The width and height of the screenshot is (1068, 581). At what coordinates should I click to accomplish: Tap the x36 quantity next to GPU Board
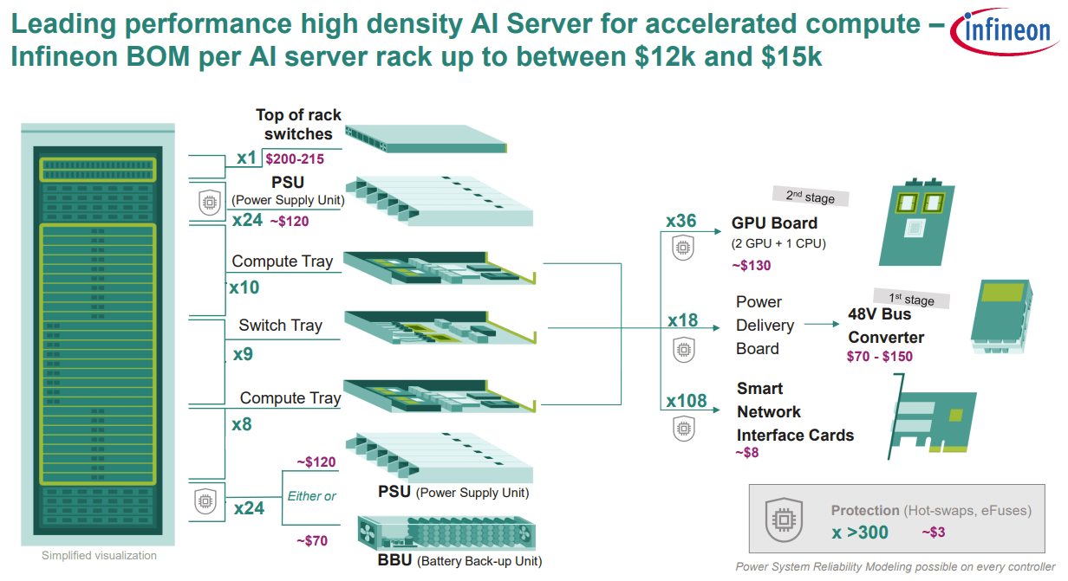(x=681, y=221)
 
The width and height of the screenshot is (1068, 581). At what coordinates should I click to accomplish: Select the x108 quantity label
(x=687, y=401)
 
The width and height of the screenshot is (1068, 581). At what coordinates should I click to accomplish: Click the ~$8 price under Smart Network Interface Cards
(x=746, y=452)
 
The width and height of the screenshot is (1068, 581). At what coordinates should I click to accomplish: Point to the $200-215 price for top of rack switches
(x=295, y=159)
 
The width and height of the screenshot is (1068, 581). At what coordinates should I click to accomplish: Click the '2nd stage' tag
(x=810, y=197)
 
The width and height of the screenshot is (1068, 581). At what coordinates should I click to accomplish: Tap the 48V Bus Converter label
(x=885, y=326)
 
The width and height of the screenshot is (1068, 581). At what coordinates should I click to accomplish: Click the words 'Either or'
(x=311, y=496)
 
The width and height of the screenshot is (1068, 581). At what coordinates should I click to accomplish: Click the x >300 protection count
(x=860, y=533)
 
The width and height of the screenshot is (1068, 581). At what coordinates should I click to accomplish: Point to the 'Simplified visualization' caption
(x=99, y=556)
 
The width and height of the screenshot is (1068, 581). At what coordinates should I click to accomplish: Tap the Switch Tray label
(x=280, y=326)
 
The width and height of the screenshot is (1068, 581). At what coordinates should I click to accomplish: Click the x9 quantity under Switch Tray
(x=244, y=355)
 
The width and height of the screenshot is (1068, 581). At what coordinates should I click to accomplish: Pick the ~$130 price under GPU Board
(x=751, y=265)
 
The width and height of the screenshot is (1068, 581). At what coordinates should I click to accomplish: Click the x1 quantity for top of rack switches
(x=247, y=158)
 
